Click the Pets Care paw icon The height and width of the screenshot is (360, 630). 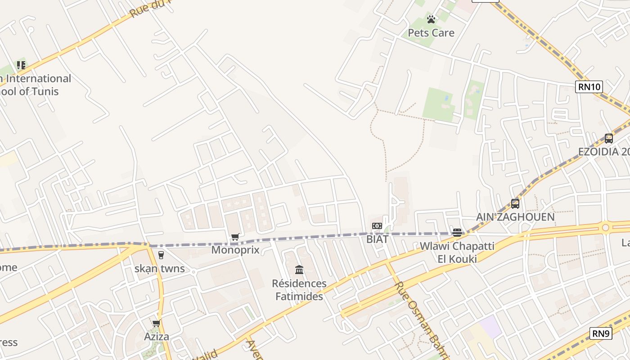point(431,19)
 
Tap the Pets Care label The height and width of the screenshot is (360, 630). point(431,33)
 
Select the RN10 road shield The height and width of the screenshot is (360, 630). point(589,87)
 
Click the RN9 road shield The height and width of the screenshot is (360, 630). point(601,333)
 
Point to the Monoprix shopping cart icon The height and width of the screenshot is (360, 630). point(235,237)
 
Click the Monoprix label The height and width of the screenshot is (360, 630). point(235,250)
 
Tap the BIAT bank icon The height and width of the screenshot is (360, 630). point(377,226)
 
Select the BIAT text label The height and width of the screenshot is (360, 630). point(377,239)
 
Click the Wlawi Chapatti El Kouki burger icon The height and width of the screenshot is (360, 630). point(457,233)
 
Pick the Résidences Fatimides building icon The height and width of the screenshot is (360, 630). point(299,270)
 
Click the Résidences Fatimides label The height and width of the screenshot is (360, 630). point(299,290)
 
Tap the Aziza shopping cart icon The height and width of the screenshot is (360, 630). point(157,323)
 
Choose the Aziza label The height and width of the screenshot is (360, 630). point(157,337)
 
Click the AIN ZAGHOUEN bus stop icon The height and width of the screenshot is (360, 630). point(515,203)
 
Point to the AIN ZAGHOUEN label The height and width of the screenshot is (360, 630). point(515,217)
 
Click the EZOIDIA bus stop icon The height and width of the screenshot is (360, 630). point(609,139)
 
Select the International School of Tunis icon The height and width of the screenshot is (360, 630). point(21,65)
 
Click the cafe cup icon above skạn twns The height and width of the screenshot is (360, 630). point(161,255)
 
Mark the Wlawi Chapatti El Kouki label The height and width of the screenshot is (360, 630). point(457,252)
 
